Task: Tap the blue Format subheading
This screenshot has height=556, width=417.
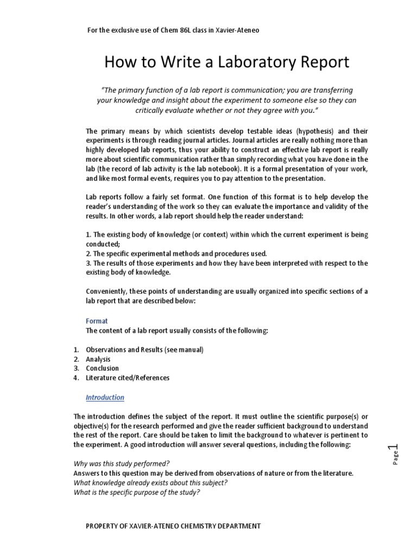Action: click(97, 321)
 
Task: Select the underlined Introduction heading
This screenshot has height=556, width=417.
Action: click(105, 397)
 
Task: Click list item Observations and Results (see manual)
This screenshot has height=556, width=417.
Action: click(145, 350)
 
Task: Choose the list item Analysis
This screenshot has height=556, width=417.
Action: click(98, 359)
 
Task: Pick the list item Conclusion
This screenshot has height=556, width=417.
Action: click(102, 368)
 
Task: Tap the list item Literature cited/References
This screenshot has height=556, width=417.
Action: click(128, 378)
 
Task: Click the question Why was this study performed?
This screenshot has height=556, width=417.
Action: click(122, 464)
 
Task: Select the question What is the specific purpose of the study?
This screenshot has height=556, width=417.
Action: click(137, 492)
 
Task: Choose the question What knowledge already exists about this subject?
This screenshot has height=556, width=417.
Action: click(150, 483)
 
